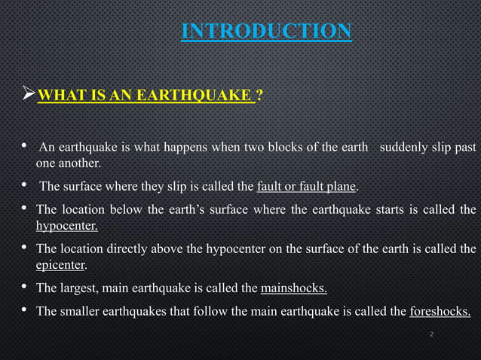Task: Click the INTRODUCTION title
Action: pyautogui.click(x=266, y=31)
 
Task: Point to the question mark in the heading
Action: pyautogui.click(x=259, y=96)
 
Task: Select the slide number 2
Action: pyautogui.click(x=430, y=334)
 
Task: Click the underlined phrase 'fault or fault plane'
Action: pyautogui.click(x=307, y=187)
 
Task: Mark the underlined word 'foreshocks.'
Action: pyautogui.click(x=440, y=312)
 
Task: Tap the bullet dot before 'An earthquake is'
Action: pyautogui.click(x=25, y=145)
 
